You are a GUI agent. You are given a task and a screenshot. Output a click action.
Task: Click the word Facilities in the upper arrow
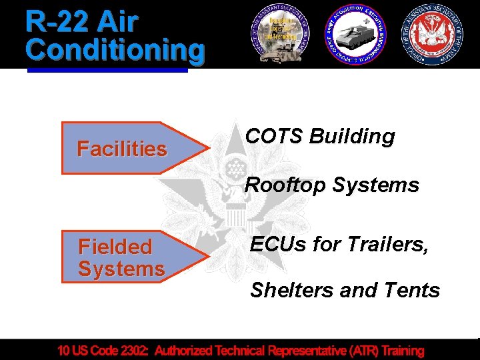coord(122,149)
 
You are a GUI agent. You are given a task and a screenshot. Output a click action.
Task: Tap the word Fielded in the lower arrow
coord(115,247)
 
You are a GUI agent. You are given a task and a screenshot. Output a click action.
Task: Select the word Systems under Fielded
coord(121,269)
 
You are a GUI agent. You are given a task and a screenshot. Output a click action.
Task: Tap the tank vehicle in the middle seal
coord(355,34)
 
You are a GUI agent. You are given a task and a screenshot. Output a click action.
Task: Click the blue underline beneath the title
coord(107,67)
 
